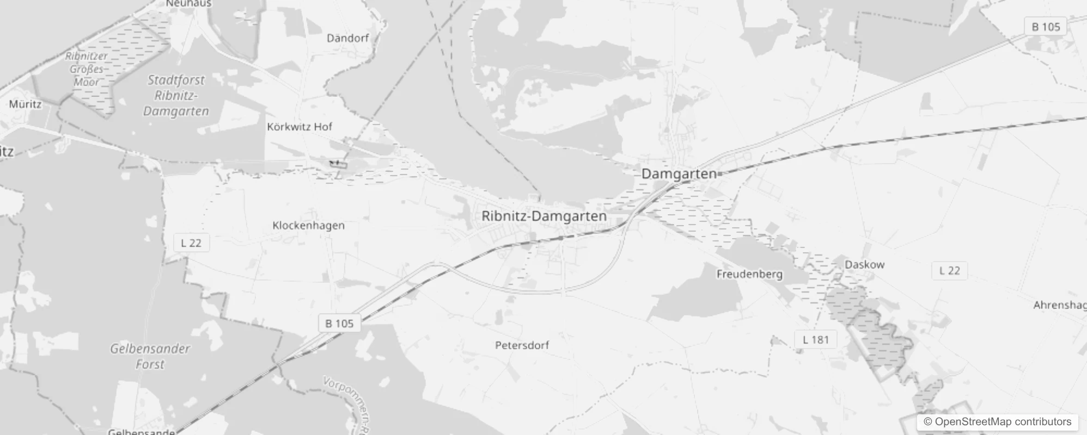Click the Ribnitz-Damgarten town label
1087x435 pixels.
[x=543, y=216]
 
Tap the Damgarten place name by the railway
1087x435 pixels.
[x=679, y=174]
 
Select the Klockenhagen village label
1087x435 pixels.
[x=308, y=225]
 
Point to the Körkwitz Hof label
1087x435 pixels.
[x=300, y=127]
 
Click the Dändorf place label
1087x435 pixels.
[x=347, y=38]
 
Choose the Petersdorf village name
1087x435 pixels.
[x=522, y=345]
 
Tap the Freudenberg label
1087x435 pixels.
[x=749, y=274]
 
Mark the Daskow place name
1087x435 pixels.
[x=864, y=265]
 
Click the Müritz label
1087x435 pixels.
[x=25, y=104]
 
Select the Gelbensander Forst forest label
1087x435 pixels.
[x=150, y=356]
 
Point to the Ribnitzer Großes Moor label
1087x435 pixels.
[x=87, y=69]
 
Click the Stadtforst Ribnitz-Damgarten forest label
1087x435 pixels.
[x=176, y=96]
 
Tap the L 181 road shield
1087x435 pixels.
[x=815, y=340]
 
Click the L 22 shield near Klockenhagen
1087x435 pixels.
[x=191, y=243]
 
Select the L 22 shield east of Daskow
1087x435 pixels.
[x=949, y=271]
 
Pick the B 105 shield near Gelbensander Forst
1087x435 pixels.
[x=339, y=324]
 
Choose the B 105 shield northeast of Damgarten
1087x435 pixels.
[x=1046, y=27]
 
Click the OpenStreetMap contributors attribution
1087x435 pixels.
[x=997, y=422]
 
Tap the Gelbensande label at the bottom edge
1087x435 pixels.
[x=141, y=432]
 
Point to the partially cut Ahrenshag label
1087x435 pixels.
[x=1059, y=305]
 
